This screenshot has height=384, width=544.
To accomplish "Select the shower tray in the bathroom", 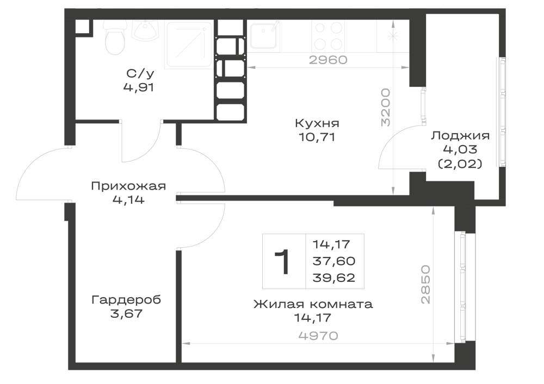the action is [189, 45].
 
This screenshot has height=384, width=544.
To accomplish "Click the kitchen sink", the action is [264, 35].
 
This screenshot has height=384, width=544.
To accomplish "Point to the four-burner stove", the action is [328, 35].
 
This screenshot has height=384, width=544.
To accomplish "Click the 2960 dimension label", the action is [328, 60].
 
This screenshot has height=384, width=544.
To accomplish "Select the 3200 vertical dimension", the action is [386, 107].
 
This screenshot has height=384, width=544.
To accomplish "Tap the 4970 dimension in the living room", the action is [318, 336].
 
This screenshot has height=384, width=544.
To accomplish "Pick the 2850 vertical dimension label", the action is [425, 284].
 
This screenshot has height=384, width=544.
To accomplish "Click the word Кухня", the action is [317, 123].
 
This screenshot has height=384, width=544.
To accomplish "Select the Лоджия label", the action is [460, 135].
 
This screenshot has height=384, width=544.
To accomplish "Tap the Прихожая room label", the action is [128, 186].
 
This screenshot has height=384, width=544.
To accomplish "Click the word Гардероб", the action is [126, 299].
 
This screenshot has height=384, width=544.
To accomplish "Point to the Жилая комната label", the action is [313, 304].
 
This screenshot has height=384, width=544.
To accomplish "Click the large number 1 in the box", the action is [283, 261].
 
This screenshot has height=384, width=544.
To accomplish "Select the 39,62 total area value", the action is [334, 278].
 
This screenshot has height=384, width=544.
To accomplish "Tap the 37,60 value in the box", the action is [334, 261].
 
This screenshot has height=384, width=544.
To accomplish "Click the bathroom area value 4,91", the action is [138, 87].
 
